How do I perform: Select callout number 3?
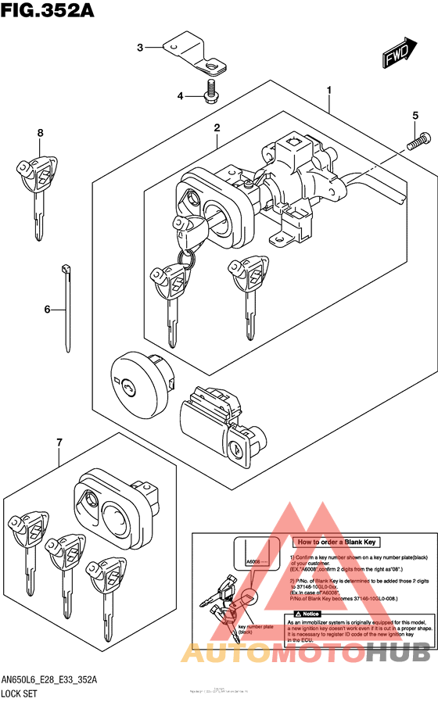point(141,48)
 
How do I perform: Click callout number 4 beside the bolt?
point(180,96)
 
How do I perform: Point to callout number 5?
point(415,116)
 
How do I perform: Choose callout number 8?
point(40,133)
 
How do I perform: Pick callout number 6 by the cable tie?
point(47,310)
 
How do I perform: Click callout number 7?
point(59,445)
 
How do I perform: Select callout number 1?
point(329,91)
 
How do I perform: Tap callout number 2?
point(217,127)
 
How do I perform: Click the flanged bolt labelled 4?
point(210,92)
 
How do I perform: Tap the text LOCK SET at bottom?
point(23,693)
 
